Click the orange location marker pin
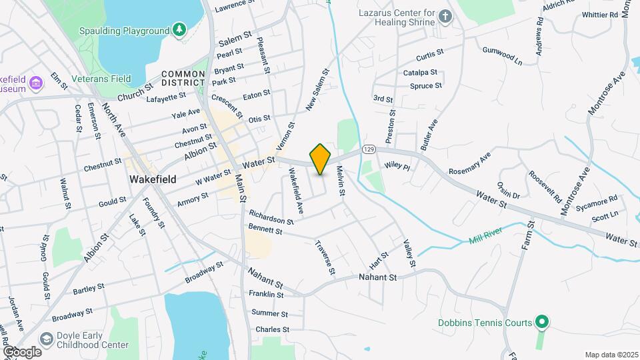321,159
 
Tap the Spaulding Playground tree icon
179,29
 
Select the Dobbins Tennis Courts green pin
542,323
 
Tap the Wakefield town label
153,179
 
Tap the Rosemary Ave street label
469,163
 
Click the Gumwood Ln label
503,55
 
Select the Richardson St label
271,217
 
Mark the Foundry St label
158,212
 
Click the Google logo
22,351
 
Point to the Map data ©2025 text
611,355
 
